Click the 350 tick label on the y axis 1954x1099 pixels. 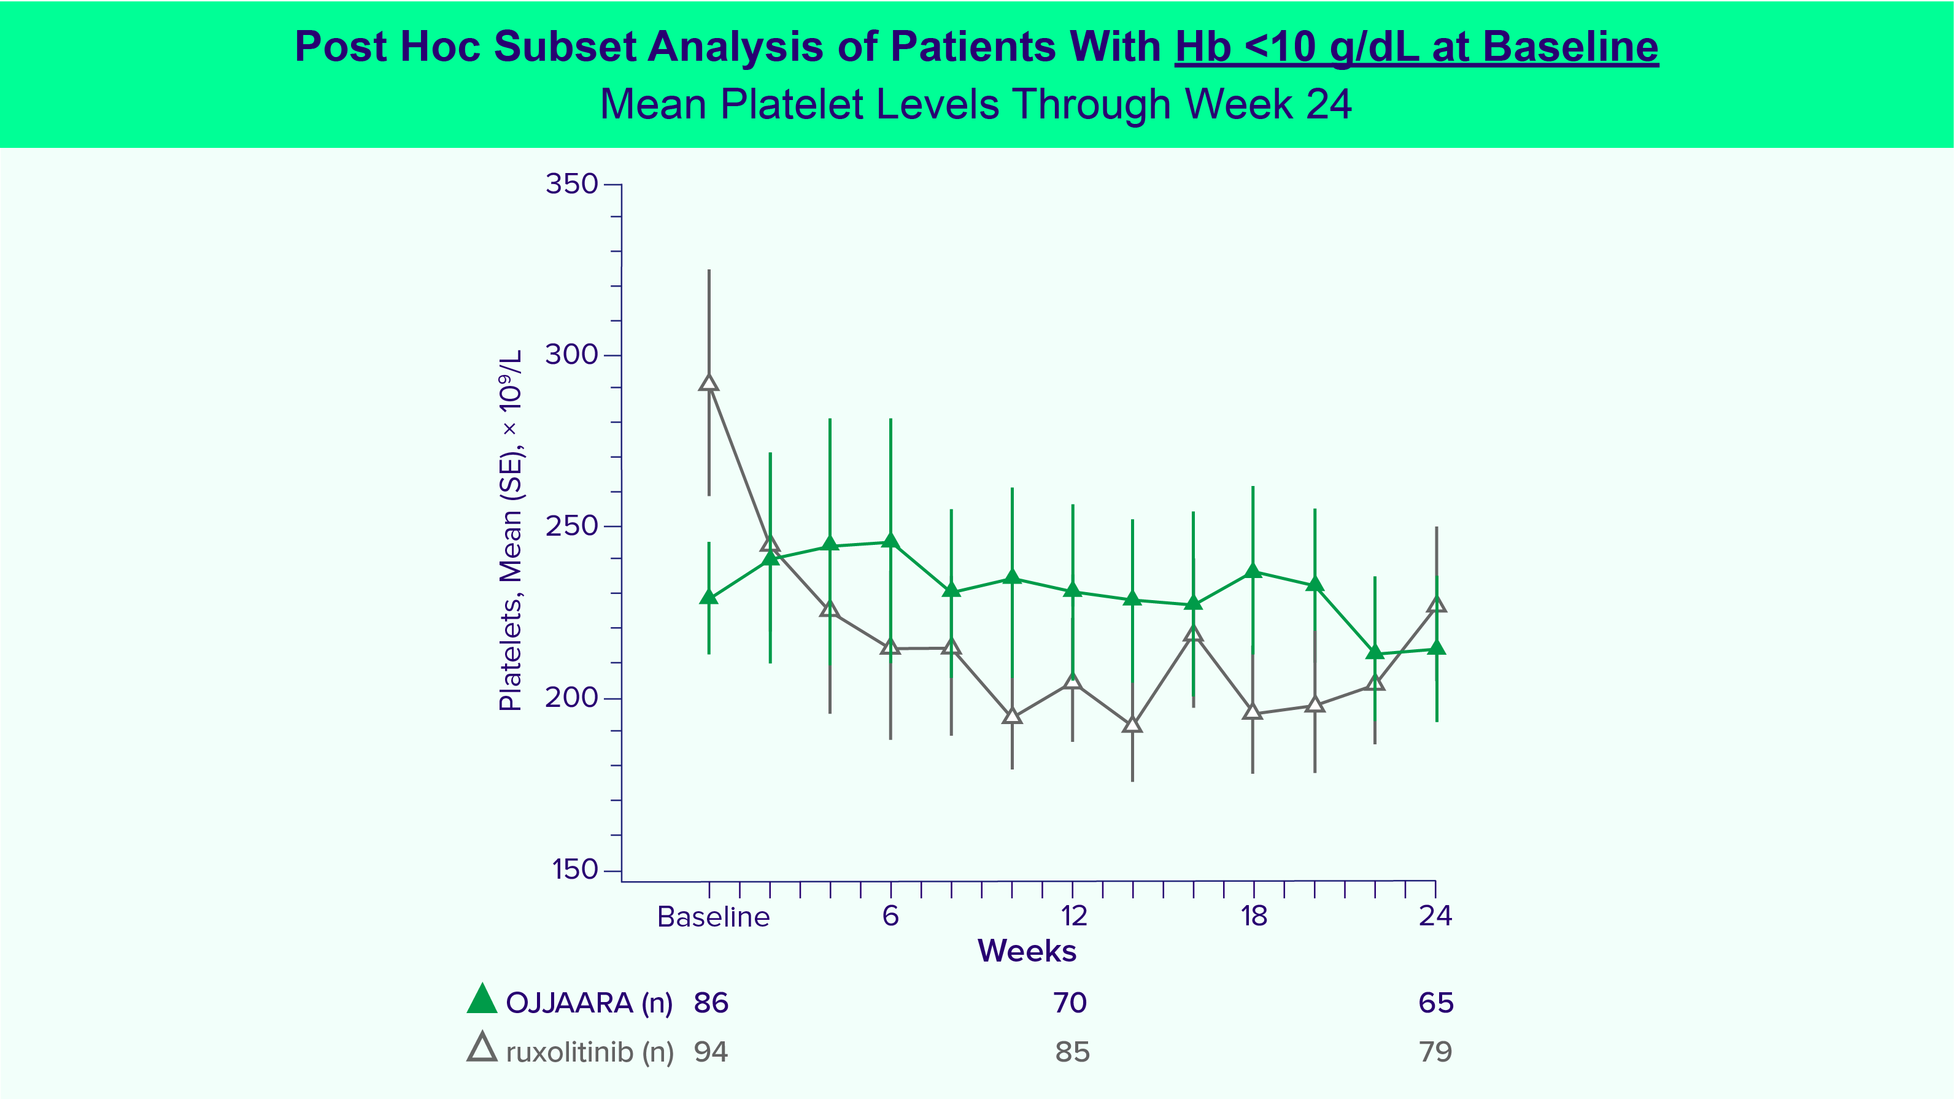pyautogui.click(x=572, y=184)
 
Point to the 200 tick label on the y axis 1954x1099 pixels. pyautogui.click(x=572, y=698)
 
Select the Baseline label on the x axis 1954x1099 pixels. pyautogui.click(x=713, y=917)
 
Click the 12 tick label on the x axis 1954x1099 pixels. pyautogui.click(x=1073, y=916)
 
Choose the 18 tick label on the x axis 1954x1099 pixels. pyautogui.click(x=1254, y=916)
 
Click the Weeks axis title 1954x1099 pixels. pyautogui.click(x=1026, y=951)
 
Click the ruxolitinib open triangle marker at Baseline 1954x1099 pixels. pyautogui.click(x=708, y=383)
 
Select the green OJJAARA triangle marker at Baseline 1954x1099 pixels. pyautogui.click(x=708, y=598)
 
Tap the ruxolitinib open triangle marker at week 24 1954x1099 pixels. pyautogui.click(x=1436, y=604)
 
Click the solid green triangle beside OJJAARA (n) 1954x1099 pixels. pyautogui.click(x=482, y=1000)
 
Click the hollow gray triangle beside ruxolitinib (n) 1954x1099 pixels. pyautogui.click(x=482, y=1047)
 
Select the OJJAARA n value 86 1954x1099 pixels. pyautogui.click(x=711, y=1003)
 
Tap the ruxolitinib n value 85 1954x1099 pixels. pyautogui.click(x=1072, y=1052)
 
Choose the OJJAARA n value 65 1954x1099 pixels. pyautogui.click(x=1436, y=1003)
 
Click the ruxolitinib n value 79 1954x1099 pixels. pyautogui.click(x=1435, y=1052)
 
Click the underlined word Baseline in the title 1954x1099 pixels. pyautogui.click(x=1570, y=47)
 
